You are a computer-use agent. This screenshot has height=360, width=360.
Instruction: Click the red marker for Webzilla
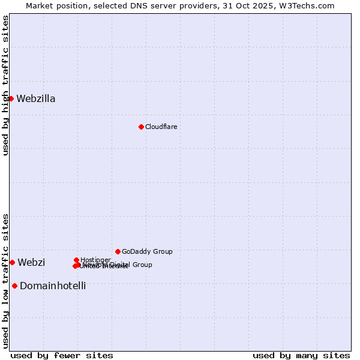11,98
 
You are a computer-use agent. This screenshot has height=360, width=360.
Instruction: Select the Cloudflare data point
141,127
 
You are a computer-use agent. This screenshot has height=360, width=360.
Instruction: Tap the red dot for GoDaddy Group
118,251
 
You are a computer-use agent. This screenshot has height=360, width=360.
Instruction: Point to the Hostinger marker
77,260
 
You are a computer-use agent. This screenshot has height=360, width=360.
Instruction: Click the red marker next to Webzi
12,262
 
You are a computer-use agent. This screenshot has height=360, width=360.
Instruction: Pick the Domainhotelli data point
14,286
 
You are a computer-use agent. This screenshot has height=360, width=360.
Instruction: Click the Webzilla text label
36,99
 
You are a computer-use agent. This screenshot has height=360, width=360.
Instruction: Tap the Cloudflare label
161,127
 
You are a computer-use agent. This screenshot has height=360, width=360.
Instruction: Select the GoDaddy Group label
147,252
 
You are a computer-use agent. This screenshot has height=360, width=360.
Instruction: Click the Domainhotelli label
53,286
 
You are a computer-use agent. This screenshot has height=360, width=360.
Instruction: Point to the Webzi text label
31,263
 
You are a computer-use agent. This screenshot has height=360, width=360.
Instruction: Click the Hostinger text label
95,260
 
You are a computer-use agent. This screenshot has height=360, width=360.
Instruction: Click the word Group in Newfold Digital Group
142,265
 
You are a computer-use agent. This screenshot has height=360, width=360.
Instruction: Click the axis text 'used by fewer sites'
62,355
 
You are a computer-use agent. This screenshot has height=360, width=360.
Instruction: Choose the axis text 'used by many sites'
301,355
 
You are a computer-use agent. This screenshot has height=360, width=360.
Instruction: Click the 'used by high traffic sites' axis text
5,85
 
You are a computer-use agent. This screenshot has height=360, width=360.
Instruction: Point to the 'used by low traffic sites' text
5,281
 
